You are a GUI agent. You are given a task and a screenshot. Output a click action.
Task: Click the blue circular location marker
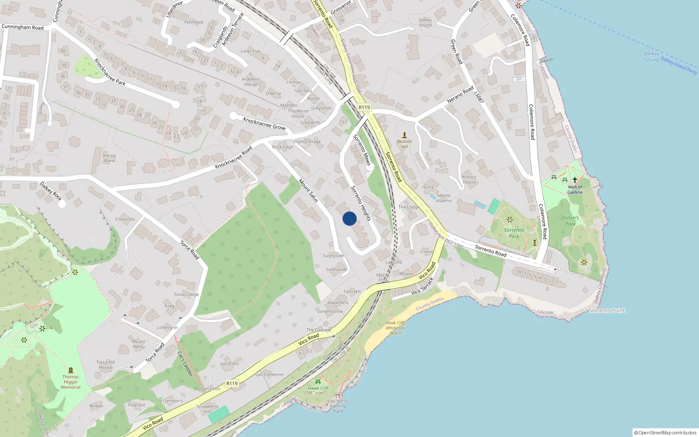pos(349,218)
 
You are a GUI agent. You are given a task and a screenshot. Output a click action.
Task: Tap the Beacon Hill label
pos(405,144)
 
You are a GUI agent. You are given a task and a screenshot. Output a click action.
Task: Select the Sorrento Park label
pos(514,233)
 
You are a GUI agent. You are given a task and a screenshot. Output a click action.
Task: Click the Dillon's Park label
pos(571,221)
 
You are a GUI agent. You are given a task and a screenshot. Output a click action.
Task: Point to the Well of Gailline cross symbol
pos(575,180)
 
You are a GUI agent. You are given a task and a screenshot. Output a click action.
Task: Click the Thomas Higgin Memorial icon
pos(71,370)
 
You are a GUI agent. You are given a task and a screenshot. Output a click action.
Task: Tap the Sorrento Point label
pos(607,311)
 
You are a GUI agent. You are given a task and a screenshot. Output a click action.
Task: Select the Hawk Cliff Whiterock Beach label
pos(395,328)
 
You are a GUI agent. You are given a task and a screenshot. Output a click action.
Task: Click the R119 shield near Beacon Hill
pos(364,107)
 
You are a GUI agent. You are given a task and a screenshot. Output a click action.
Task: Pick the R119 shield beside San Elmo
pos(232,383)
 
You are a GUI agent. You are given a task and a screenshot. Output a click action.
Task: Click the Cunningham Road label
pos(23,27)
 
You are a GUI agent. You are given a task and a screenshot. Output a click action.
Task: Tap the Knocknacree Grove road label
pos(264,124)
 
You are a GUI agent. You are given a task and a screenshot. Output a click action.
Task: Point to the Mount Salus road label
pos(308,191)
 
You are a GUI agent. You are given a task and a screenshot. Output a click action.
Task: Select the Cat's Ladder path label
pos(185,364)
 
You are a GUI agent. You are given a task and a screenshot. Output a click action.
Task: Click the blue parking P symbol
pos(519,80)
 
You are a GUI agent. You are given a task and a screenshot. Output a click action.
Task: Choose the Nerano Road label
pos(460,95)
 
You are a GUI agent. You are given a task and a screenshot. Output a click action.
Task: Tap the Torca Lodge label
pos(187,295)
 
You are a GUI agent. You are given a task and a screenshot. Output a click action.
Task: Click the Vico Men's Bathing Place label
pos(338,406)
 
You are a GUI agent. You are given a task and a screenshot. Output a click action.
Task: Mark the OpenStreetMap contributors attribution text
pos(665,433)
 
